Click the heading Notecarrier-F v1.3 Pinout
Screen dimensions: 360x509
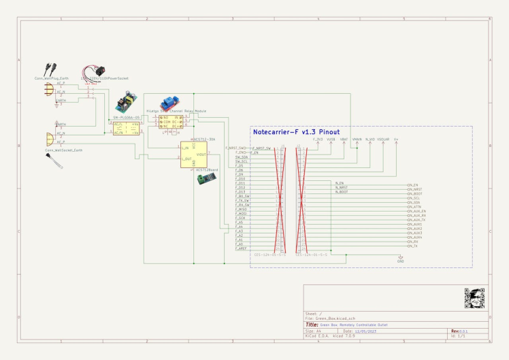point(296,132)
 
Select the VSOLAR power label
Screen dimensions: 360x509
point(383,139)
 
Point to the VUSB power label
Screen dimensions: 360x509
point(331,139)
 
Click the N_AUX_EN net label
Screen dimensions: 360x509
point(416,211)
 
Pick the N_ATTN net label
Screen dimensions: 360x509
point(414,206)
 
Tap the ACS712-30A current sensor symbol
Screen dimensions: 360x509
point(193,154)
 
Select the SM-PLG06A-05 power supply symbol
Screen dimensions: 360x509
point(127,128)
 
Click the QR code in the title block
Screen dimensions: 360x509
point(474,297)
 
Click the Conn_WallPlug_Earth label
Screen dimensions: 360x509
point(50,78)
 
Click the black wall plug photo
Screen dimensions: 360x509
point(49,68)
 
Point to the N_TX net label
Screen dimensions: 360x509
point(412,246)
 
